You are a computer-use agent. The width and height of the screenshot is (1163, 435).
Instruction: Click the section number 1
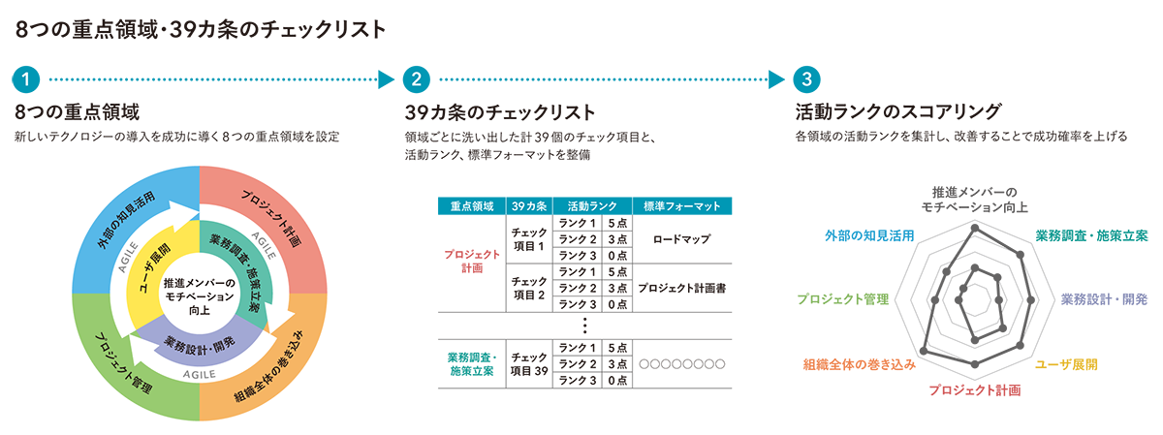tap(23, 77)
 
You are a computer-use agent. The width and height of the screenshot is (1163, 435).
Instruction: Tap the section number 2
tap(418, 77)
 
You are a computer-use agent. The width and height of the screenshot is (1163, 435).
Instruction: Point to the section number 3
tap(805, 77)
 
